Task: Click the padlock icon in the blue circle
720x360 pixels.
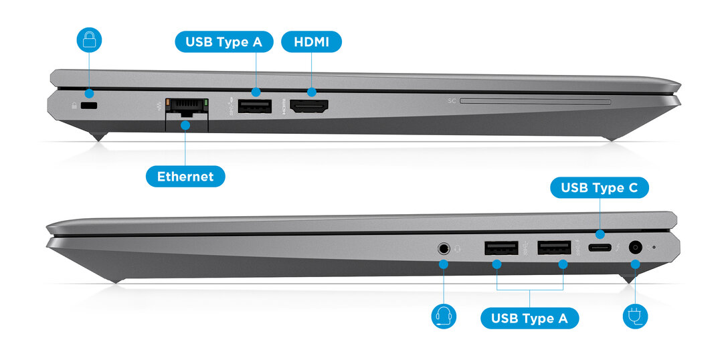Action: coord(89,40)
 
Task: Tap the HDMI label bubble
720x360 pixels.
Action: coord(311,41)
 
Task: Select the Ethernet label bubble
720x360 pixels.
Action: coord(185,177)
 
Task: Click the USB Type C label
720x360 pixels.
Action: coord(600,188)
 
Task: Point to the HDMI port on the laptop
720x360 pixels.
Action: coord(309,106)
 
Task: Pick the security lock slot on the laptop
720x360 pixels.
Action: coord(89,106)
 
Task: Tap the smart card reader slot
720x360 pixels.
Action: coord(535,101)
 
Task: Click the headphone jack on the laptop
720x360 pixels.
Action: coord(444,248)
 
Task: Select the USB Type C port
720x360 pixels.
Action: coord(600,248)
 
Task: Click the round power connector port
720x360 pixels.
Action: coord(636,248)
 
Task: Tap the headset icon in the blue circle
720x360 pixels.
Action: coord(444,317)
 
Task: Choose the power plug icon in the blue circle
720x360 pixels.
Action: coord(636,317)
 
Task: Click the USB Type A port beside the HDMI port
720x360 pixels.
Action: coord(255,106)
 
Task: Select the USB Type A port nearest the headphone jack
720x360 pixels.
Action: coord(501,248)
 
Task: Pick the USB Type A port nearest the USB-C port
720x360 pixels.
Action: coord(554,248)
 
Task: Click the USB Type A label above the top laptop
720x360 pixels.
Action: coord(224,41)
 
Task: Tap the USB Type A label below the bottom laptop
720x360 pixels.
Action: coord(529,319)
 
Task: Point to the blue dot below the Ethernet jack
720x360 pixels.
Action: coord(185,125)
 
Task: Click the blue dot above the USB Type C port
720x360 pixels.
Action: coord(600,234)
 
